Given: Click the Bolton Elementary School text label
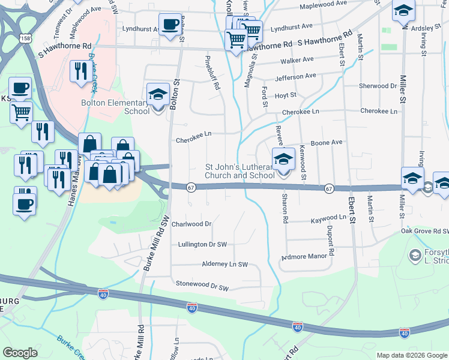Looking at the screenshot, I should pos(116,107).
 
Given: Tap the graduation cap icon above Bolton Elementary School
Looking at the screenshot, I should pos(158,95).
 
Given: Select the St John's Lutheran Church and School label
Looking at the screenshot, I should pos(240,171).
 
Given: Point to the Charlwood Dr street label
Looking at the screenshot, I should pos(191,224).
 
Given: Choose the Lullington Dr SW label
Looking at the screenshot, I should pos(202,244).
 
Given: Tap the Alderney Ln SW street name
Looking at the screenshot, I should pos(225,264).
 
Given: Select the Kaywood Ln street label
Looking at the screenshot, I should pos(328,220).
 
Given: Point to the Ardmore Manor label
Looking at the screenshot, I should pos(306,257).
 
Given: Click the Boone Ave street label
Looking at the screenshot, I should pos(327,142).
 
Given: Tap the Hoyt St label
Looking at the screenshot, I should pos(285,95).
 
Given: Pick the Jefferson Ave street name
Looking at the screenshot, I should pos(295,77).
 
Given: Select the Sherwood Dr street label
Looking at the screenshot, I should pos(378,86).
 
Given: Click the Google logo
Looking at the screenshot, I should pos(20,353).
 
